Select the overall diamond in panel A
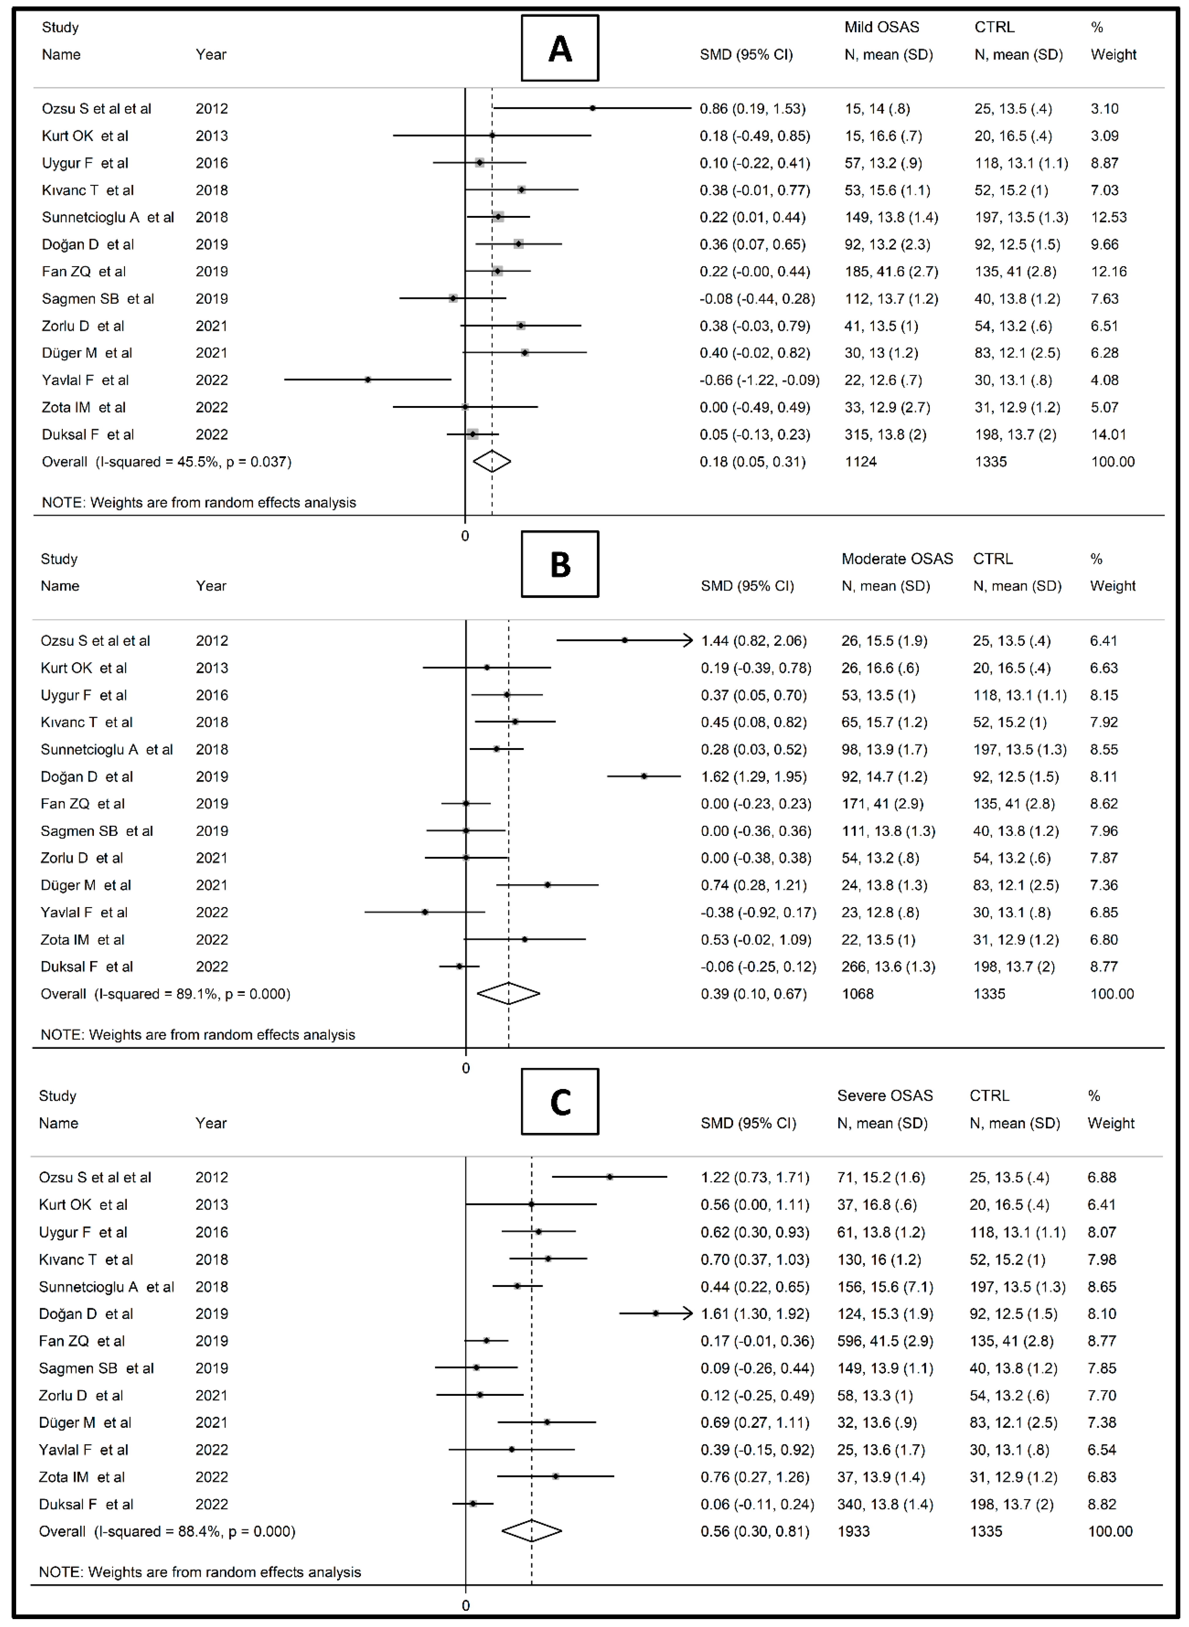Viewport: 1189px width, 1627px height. pyautogui.click(x=492, y=461)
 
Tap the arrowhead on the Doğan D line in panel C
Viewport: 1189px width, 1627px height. pyautogui.click(x=687, y=1313)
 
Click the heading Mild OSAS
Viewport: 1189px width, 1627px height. pyautogui.click(x=882, y=27)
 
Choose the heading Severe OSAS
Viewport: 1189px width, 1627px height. pyautogui.click(x=884, y=1095)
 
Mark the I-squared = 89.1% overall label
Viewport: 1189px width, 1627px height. pyautogui.click(x=165, y=994)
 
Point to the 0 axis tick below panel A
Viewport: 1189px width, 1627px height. pyautogui.click(x=465, y=536)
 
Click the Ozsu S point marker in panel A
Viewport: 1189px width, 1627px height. pyautogui.click(x=592, y=108)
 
